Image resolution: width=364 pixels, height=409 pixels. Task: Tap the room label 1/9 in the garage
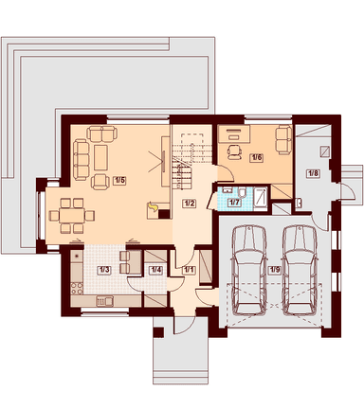[x=274, y=270]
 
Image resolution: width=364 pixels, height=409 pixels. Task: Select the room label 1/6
[x=256, y=158]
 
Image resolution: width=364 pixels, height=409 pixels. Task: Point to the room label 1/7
[x=234, y=203]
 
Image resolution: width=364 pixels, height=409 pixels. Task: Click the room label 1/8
[x=313, y=173]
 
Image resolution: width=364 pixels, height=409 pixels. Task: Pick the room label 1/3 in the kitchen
[x=104, y=270]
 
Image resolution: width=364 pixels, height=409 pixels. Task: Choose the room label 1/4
[x=155, y=270]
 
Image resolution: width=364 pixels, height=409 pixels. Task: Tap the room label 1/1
[x=190, y=270]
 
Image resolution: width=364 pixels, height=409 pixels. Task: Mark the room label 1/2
[x=189, y=204]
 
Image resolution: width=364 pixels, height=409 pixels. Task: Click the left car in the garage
[x=248, y=270]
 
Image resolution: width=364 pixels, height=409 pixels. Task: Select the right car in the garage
[x=300, y=270]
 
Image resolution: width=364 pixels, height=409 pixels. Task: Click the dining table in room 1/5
[x=72, y=216]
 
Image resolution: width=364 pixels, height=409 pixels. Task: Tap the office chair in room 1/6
[x=234, y=151]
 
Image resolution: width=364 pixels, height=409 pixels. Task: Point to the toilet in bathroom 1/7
[x=243, y=192]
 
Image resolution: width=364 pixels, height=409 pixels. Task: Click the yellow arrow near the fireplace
[x=153, y=207]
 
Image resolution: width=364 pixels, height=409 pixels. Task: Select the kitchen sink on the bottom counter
[x=104, y=301]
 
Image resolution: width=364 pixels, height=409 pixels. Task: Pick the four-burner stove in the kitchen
[x=77, y=289]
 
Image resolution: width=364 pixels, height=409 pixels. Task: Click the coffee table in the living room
[x=101, y=158]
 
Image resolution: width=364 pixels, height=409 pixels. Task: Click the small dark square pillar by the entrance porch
[x=158, y=332]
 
